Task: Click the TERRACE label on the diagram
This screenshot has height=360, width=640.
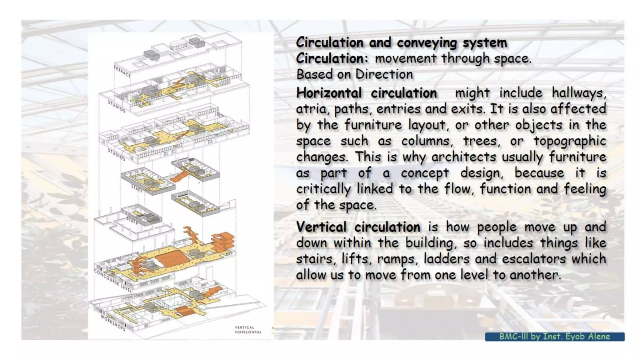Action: point(122,72)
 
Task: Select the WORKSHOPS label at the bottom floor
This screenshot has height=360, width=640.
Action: point(113,323)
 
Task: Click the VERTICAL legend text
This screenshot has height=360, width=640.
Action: point(244,327)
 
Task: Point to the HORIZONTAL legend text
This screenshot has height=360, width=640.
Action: point(248,332)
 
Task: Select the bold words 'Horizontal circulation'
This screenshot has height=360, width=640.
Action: point(366,93)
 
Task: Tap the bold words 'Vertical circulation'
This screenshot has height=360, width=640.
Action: point(358,227)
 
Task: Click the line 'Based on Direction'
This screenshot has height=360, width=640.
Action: point(354,75)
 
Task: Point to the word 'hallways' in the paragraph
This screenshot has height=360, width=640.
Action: point(578,93)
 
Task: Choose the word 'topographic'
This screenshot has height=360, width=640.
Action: point(569,141)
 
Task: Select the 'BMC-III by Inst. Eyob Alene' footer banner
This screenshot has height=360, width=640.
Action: point(554,337)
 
